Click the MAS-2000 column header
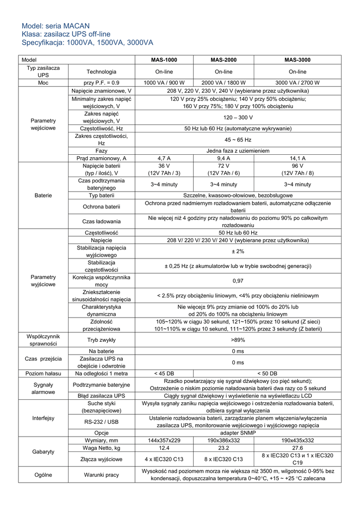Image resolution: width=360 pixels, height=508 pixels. click(x=223, y=60)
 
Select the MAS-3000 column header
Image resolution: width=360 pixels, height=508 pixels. click(x=297, y=60)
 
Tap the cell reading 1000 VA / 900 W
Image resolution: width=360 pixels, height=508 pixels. click(x=164, y=83)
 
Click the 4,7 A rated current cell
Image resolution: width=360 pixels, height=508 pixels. click(x=164, y=158)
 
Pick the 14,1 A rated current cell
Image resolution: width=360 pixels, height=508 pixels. click(x=297, y=158)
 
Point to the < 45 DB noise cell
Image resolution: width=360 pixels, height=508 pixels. click(x=164, y=373)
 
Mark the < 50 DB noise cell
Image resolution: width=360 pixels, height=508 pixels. click(x=268, y=373)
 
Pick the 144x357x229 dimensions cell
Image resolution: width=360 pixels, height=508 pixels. click(x=164, y=440)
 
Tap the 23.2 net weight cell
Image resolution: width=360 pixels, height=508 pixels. click(x=223, y=447)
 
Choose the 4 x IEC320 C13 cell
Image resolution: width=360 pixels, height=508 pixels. click(x=164, y=459)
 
